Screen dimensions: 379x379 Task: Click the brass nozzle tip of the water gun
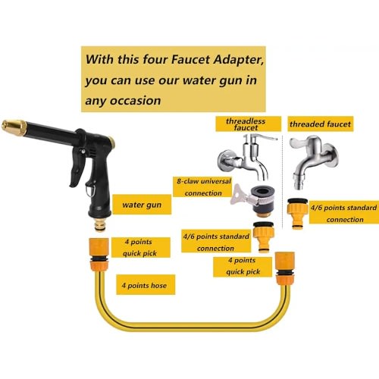pyautogui.click(x=14, y=127)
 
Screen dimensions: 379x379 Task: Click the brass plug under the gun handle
pyautogui.click(x=100, y=225)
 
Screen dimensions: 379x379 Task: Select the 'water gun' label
pyautogui.click(x=142, y=205)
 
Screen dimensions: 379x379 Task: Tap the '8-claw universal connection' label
pyautogui.click(x=203, y=187)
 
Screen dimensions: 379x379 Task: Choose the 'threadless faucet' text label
pyautogui.click(x=246, y=124)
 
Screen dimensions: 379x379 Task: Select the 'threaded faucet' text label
pyautogui.click(x=321, y=124)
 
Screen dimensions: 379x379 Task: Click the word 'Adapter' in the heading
pyautogui.click(x=239, y=61)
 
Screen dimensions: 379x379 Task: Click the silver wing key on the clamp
pyautogui.click(x=239, y=195)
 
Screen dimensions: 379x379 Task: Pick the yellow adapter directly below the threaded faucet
pyautogui.click(x=297, y=214)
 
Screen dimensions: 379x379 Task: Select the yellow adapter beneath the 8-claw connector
pyautogui.click(x=264, y=237)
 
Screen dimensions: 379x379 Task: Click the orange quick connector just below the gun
pyautogui.click(x=99, y=254)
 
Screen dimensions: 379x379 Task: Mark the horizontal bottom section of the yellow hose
pyautogui.click(x=191, y=327)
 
